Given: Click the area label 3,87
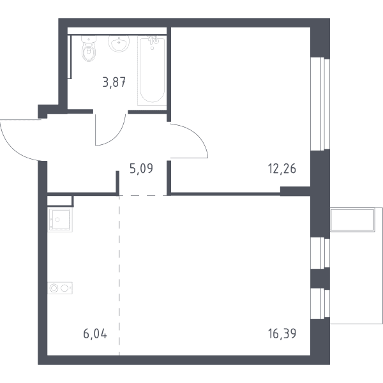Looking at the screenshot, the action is click(114, 82).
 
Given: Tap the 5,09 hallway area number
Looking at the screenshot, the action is click(141, 169).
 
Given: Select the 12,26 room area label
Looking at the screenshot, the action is click(282, 169).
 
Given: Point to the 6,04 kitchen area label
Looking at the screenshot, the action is click(95, 334).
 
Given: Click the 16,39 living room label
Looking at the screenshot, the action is click(282, 334).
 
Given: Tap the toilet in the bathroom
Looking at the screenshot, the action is click(89, 49).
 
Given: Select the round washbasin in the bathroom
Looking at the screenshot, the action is click(119, 43).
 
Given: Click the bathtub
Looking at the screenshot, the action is click(152, 71).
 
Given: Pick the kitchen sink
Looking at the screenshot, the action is click(60, 220).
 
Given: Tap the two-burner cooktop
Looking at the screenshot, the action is click(60, 288).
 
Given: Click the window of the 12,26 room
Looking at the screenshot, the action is click(320, 104).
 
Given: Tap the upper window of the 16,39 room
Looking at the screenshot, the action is click(320, 253).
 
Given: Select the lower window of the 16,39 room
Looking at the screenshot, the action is click(320, 304).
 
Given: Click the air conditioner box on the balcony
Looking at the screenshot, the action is click(352, 220).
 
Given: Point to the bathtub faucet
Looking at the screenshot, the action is click(154, 40).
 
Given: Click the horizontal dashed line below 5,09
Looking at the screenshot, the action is click(143, 196).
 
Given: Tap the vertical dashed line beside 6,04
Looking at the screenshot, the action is click(119, 276).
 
